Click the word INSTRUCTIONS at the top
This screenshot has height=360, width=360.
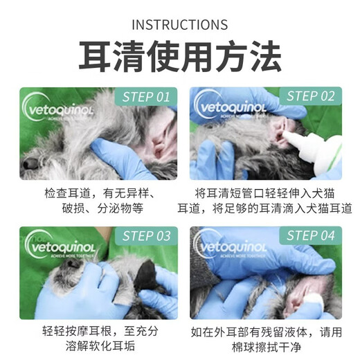coord(179,25)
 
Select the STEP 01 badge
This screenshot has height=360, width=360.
coord(143,96)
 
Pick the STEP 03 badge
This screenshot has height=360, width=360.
coord(143,235)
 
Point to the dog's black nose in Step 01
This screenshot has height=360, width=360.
coord(29,163)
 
